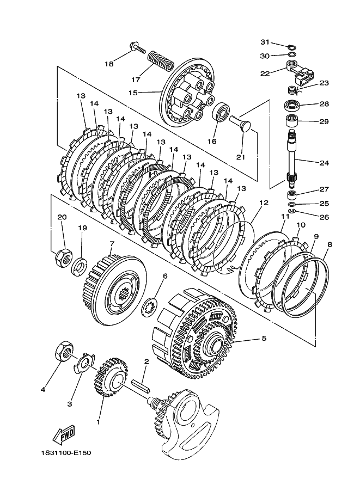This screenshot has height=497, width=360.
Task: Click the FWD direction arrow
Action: pos(64,435)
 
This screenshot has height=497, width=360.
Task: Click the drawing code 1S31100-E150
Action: pos(65,453)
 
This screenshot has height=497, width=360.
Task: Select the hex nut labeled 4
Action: pos(64,353)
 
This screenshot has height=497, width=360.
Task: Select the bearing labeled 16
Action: pos(221,113)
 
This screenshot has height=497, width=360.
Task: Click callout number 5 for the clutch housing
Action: pos(264,339)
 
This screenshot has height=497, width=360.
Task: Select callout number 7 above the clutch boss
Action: pos(112,244)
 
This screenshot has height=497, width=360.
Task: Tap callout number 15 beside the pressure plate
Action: pos(133,93)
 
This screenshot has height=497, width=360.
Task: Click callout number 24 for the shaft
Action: pos(324,162)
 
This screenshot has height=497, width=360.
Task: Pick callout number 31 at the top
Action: pos(264,42)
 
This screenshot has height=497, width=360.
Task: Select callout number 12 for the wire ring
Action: pos(264,203)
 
